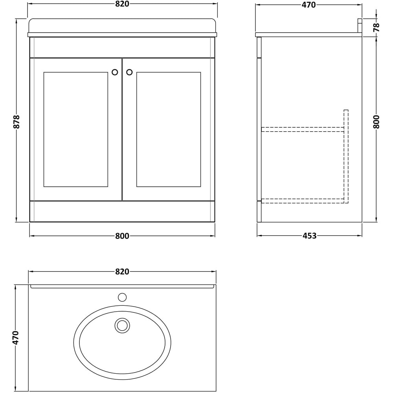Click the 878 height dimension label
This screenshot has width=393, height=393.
pos(16,122)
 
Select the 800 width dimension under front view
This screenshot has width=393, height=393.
pos(122,236)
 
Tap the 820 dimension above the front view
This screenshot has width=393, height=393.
pos(122,4)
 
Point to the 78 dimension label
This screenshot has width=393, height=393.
pos(376,27)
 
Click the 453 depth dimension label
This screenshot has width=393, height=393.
pos(309,236)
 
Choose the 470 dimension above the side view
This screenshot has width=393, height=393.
pos(309,5)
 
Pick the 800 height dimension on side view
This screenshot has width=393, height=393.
pos(376,122)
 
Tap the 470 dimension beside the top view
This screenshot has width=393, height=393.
pos(16,338)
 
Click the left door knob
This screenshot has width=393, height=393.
pos(115,72)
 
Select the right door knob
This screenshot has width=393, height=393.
pos(129,72)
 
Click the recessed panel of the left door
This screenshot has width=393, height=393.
pos(75,129)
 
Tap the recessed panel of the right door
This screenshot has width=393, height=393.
pos(168,129)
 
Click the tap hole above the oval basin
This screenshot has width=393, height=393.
pos(122,297)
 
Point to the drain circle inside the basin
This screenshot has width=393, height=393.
pos(122,325)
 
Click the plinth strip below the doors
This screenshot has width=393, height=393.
pos(122,211)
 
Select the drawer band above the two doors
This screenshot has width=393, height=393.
pos(122,47)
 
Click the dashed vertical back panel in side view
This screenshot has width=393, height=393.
pos(346,157)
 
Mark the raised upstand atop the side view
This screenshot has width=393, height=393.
pos(360,26)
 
